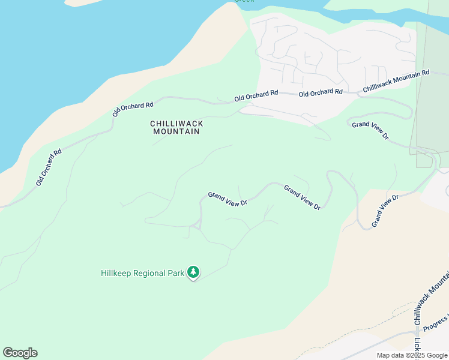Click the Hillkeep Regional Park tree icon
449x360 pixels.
tap(193, 273)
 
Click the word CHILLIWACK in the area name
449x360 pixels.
tap(176, 124)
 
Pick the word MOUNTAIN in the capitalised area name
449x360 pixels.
tap(176, 131)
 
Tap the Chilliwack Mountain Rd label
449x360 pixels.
tap(396, 82)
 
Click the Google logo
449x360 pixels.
tap(20, 353)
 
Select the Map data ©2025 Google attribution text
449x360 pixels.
tap(412, 355)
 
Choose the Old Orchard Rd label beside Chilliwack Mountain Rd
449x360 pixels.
tap(321, 92)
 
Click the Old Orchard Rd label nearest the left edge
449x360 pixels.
tap(49, 167)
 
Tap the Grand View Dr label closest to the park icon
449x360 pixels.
tap(228, 199)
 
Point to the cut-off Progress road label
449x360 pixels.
tap(435, 323)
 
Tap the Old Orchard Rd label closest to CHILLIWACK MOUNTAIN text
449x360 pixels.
tap(133, 109)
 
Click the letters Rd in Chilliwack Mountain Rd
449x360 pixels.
tap(426, 73)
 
